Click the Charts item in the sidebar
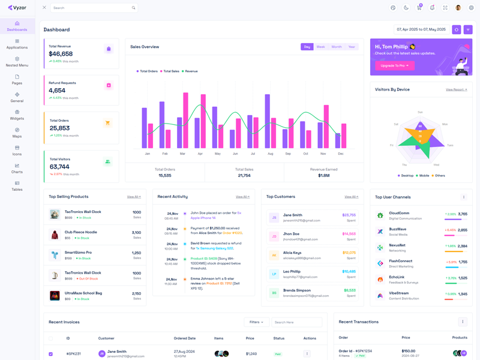point(17,168)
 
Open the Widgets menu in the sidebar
point(17,115)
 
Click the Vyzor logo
point(17,8)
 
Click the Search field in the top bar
point(90,8)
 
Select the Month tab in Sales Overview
point(337,47)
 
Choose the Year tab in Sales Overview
point(352,47)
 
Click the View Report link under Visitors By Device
point(456,89)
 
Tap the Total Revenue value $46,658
point(61,54)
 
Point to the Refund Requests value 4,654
point(57,91)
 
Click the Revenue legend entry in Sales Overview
point(190,71)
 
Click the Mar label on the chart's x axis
point(182,154)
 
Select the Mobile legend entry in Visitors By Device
point(424,176)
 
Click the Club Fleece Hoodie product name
point(80,232)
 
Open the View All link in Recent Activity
point(242,197)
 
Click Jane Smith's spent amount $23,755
point(349,215)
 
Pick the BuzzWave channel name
point(397,229)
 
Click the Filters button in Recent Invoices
point(256,322)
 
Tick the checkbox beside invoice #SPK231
point(50,354)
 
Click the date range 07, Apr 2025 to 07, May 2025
point(421,29)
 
